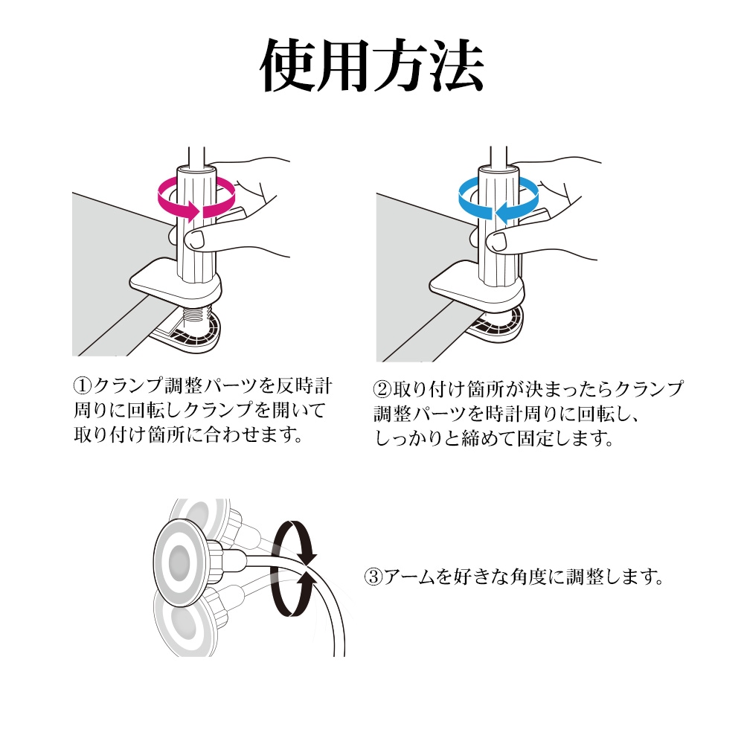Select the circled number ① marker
(x=82, y=385)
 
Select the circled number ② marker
(x=382, y=389)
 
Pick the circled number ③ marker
(x=373, y=577)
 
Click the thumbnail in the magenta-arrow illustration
(x=194, y=240)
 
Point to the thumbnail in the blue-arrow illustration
(x=496, y=242)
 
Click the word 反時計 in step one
(x=304, y=385)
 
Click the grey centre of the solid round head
(x=179, y=562)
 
